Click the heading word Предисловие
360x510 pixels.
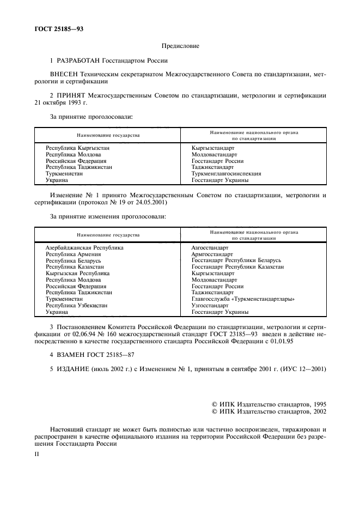(180, 47)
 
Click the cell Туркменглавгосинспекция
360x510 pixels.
(226, 174)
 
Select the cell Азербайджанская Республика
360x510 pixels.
(84, 247)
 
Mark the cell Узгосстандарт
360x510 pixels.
(210, 306)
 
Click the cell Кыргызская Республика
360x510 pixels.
(77, 274)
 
